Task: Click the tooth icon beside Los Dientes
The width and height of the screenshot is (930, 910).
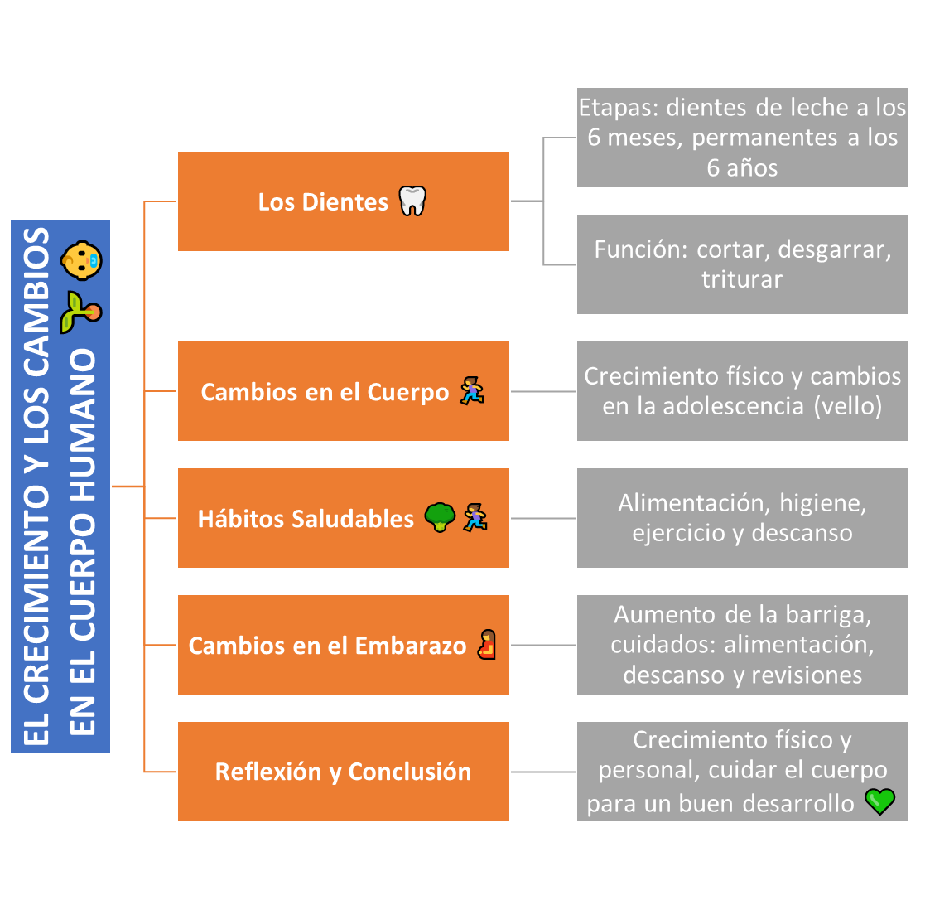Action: [x=412, y=201]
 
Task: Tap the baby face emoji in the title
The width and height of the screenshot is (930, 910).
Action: [x=81, y=260]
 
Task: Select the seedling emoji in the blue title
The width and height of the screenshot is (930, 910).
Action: [x=81, y=312]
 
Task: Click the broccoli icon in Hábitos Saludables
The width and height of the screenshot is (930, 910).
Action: [x=440, y=518]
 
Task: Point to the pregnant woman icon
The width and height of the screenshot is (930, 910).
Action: [x=487, y=645]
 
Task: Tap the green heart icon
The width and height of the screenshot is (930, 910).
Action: [x=880, y=801]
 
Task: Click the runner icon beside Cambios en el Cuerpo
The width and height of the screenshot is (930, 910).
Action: [x=473, y=391]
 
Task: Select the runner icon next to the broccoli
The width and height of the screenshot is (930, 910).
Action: [x=475, y=518]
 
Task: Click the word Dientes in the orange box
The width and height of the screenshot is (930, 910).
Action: [x=345, y=202]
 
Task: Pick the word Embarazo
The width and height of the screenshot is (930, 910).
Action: [x=411, y=646]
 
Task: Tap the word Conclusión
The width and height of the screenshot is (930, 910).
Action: [x=410, y=772]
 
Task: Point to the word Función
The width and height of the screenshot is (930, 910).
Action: [x=641, y=249]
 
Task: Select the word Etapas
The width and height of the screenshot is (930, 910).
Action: [x=619, y=108]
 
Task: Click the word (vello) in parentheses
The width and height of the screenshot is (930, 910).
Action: [x=848, y=406]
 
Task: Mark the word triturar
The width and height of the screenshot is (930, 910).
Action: [x=742, y=279]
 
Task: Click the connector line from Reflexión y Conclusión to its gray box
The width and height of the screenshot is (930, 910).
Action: [x=542, y=772]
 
